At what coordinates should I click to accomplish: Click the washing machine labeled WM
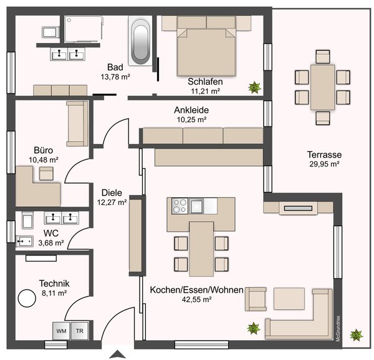61,331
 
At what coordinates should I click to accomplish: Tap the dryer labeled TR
80,331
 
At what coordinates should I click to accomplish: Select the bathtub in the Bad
140,40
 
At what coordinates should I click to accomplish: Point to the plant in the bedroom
254,87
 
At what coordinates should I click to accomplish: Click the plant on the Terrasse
357,334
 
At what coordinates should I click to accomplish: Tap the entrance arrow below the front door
117,354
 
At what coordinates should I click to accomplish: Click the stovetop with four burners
180,206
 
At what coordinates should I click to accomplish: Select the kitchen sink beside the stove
197,206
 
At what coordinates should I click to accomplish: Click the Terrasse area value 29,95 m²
324,164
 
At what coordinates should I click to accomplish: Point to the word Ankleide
191,110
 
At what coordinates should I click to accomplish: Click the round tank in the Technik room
27,298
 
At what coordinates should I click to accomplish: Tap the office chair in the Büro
46,173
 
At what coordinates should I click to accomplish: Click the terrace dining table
322,87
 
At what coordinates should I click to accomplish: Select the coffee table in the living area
289,299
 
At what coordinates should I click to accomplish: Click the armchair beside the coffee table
256,299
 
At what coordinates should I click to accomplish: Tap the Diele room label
112,192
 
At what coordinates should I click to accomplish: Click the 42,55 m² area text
196,300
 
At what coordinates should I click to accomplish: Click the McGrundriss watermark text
338,329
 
